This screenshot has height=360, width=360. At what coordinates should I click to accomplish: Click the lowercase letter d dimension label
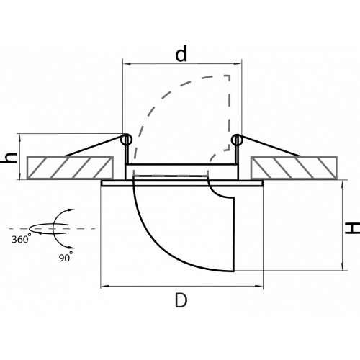181,53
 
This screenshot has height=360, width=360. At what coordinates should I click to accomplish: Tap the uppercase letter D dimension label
181,300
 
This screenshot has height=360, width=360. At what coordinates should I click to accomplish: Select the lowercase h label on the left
9,158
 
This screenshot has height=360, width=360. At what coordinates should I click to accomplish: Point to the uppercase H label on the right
352,228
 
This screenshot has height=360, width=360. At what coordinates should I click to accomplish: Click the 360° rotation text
22,238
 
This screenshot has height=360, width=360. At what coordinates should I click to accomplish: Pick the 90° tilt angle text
66,257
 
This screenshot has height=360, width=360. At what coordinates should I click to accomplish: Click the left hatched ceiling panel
70,168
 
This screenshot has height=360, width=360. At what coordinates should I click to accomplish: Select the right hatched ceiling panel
294,168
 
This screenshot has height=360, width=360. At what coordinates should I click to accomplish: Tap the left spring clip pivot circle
126,140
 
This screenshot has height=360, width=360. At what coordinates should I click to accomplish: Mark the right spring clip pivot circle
237,140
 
